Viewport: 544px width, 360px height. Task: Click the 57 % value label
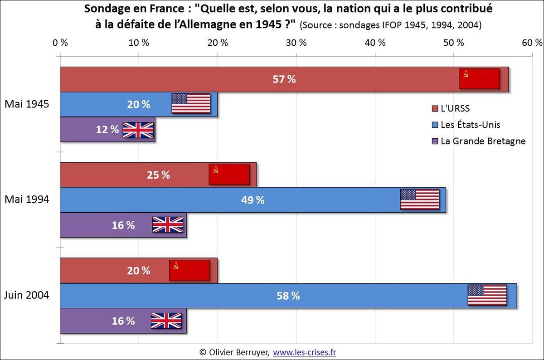[284, 79]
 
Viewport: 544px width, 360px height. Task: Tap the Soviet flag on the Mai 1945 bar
[479, 79]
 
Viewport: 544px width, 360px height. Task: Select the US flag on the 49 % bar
[420, 199]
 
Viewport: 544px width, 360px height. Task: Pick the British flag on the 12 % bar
[138, 130]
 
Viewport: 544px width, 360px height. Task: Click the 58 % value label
[288, 296]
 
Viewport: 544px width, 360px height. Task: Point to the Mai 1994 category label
[27, 199]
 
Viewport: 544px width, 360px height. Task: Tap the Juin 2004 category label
[26, 295]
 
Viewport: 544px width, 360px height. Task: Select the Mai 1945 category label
[27, 104]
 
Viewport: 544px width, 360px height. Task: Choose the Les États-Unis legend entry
[467, 125]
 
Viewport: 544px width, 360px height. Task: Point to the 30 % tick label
[296, 43]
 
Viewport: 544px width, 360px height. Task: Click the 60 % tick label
[532, 43]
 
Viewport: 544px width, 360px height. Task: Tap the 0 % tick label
[60, 43]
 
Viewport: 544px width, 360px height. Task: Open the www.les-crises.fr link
[304, 352]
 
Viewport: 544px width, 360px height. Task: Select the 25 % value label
[158, 175]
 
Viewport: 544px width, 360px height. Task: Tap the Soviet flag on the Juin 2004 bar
[189, 271]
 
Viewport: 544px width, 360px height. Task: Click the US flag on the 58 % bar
[487, 295]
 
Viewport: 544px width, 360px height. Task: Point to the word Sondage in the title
[104, 10]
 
